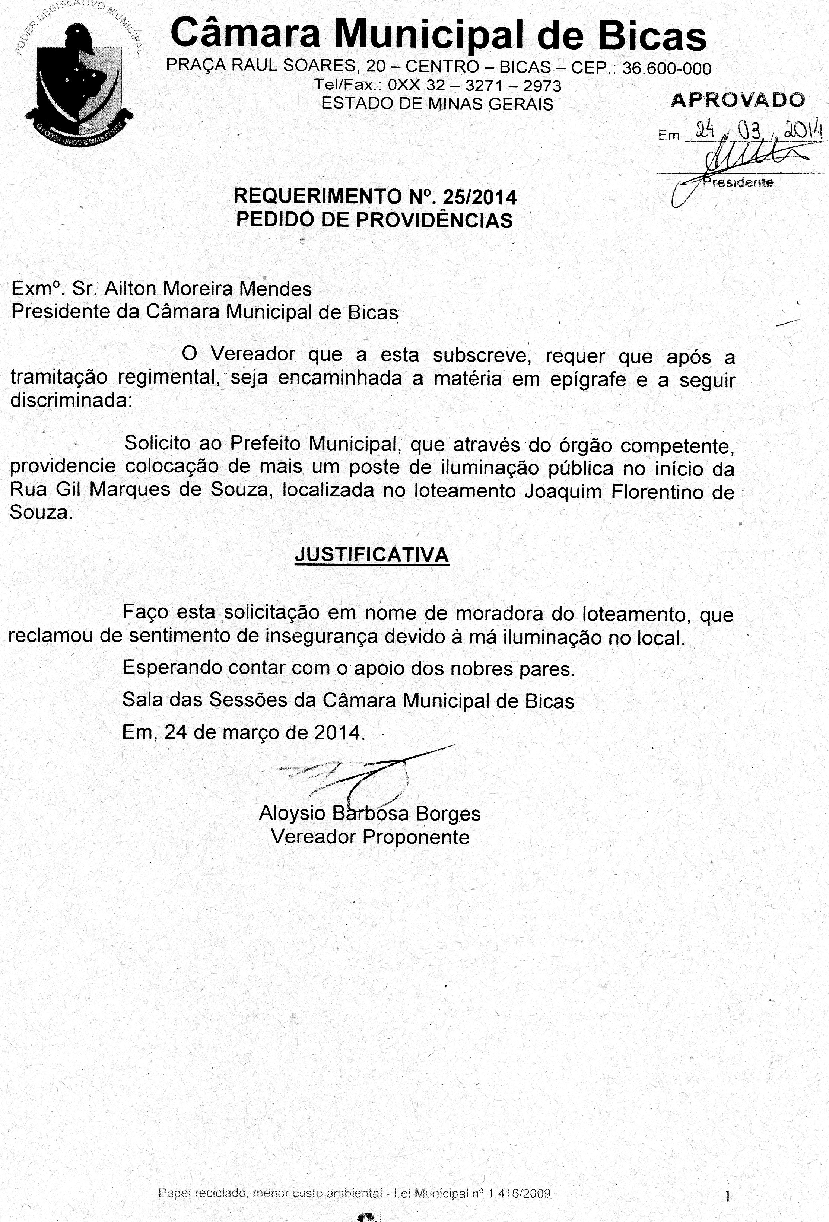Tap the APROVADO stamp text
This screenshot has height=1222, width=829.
pos(737,100)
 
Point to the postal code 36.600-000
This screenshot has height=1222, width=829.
pos(667,69)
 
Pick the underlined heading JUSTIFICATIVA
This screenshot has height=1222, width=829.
pos(371,555)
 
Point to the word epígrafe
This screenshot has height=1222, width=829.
pos(588,379)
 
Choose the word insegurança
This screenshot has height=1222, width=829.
pos(323,636)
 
